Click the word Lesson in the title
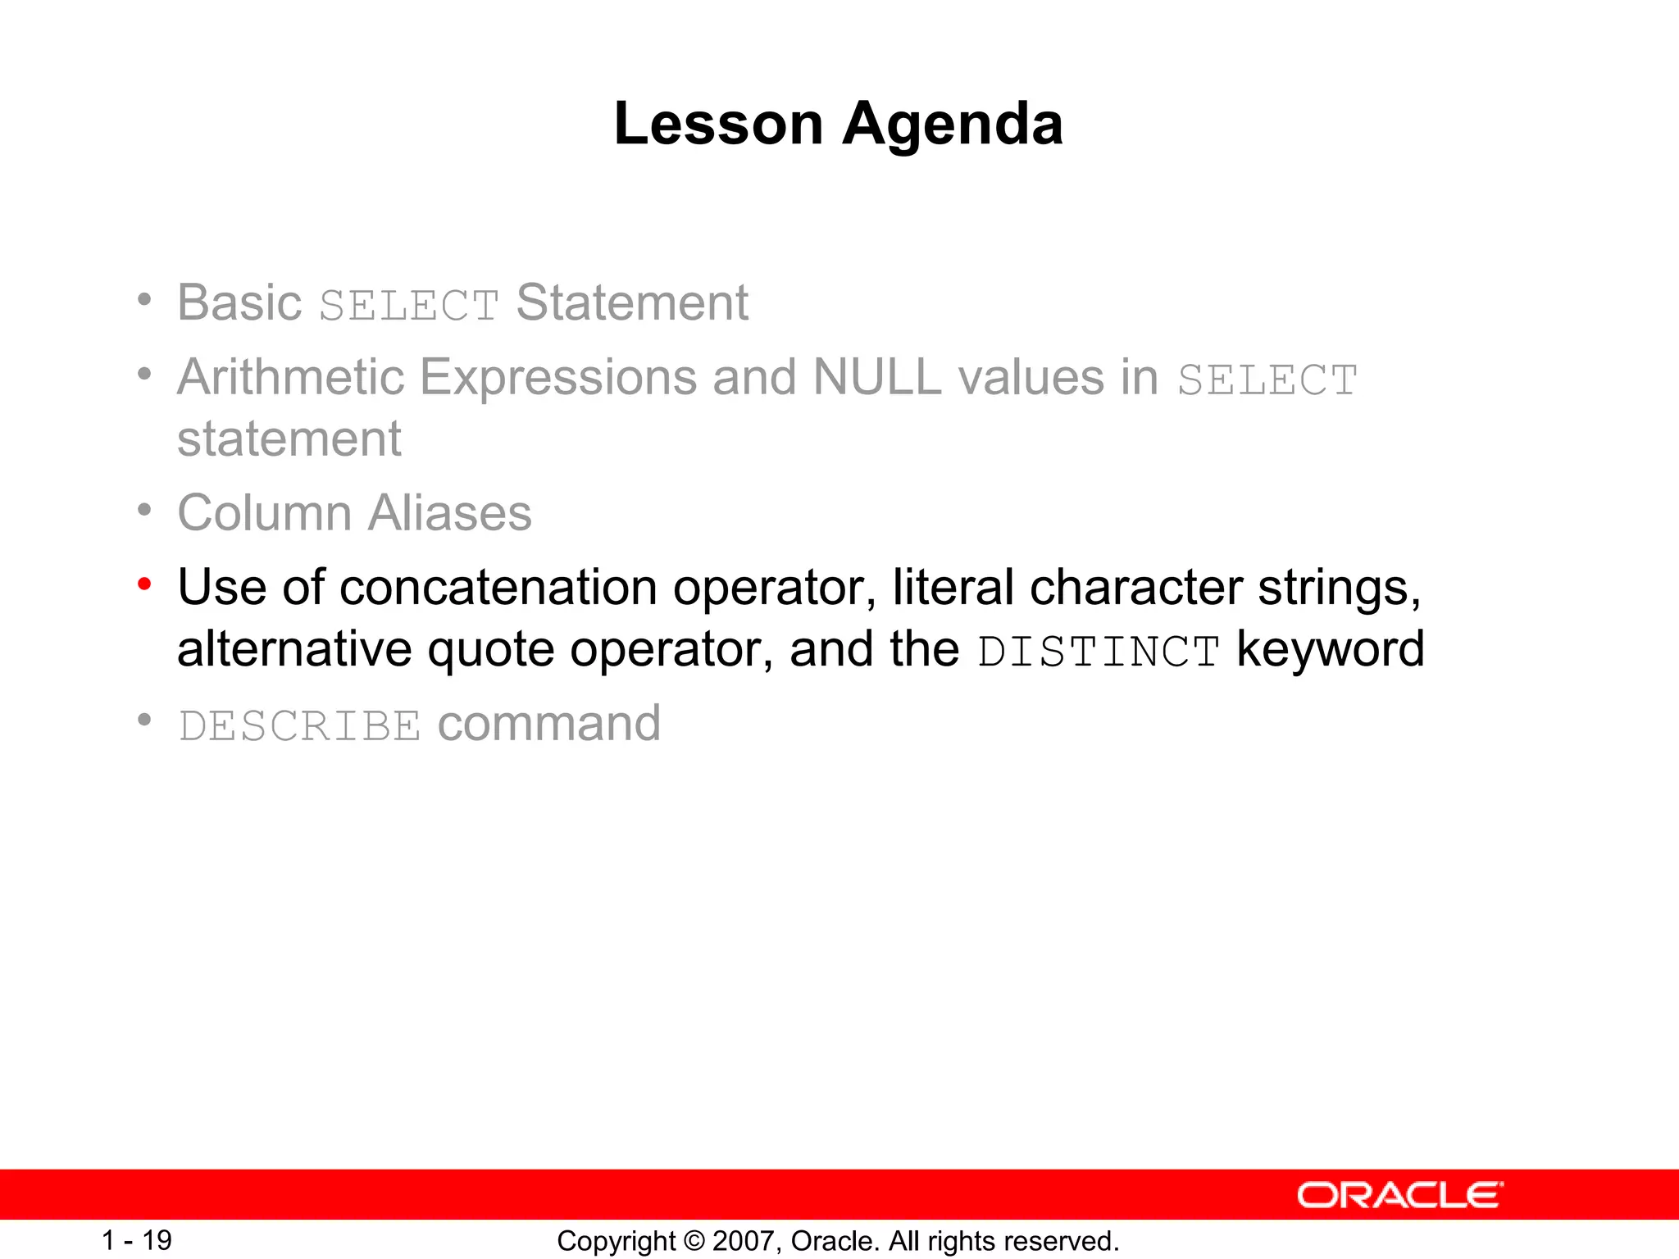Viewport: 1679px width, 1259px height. [x=718, y=125]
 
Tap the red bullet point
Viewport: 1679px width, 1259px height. [x=145, y=584]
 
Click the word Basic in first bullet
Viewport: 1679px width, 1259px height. [x=239, y=302]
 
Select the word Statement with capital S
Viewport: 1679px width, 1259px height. [x=632, y=302]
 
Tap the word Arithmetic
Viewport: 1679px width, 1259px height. [x=291, y=378]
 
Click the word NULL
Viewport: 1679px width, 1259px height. [x=876, y=378]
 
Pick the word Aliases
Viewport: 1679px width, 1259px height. [x=449, y=514]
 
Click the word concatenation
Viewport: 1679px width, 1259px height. [x=498, y=589]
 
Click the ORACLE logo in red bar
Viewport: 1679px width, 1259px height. [x=1399, y=1195]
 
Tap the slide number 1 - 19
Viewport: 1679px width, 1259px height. [x=136, y=1240]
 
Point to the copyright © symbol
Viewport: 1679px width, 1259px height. [x=694, y=1241]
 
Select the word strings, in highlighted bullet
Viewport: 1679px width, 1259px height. [x=1339, y=589]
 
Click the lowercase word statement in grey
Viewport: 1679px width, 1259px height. [x=289, y=439]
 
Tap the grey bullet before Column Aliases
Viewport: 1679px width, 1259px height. [x=145, y=511]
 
